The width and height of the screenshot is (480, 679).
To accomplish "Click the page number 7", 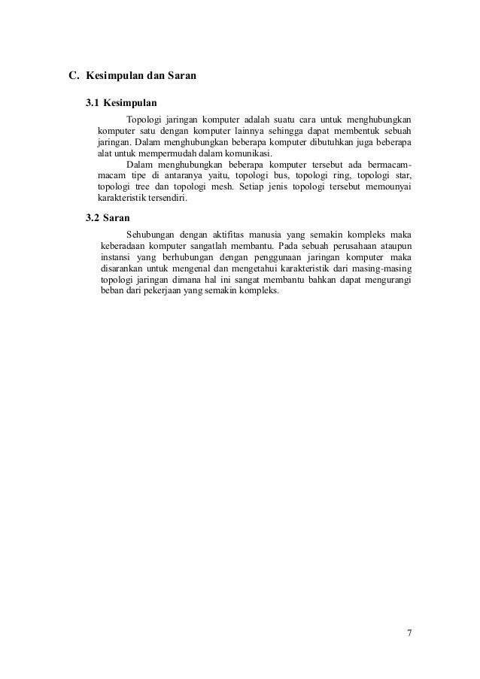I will [409, 632].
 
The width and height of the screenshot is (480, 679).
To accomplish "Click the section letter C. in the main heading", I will [74, 76].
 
